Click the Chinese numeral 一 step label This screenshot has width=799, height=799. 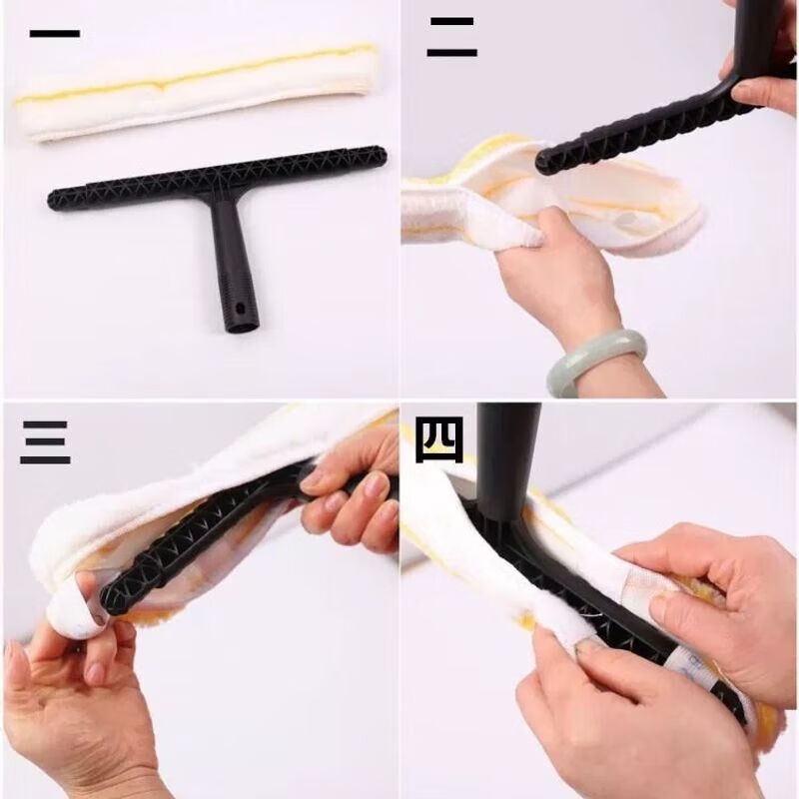pyautogui.click(x=54, y=33)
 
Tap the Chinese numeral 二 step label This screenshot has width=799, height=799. pyautogui.click(x=451, y=38)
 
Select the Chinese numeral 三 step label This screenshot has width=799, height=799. pyautogui.click(x=45, y=441)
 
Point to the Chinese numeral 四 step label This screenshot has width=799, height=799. pyautogui.click(x=439, y=439)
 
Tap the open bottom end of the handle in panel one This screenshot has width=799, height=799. pyautogui.click(x=241, y=324)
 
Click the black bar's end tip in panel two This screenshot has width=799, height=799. pyautogui.click(x=545, y=163)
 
